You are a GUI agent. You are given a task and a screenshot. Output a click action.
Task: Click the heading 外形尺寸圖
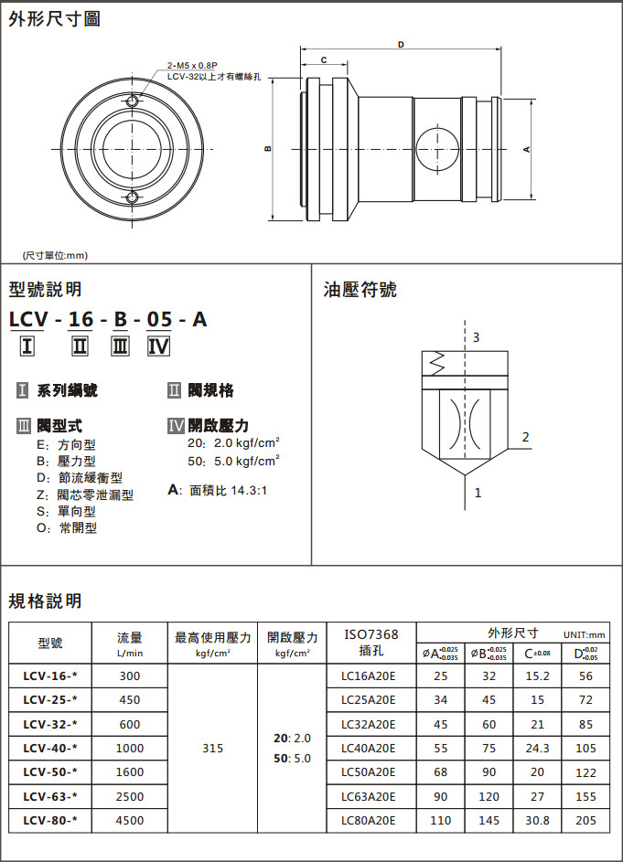click(55, 18)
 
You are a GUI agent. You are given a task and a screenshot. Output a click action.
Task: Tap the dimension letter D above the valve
click(402, 44)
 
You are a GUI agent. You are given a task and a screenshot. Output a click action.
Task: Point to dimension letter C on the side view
click(324, 60)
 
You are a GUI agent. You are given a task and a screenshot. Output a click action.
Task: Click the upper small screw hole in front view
click(134, 101)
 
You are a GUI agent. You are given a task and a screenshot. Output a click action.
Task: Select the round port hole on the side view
click(435, 148)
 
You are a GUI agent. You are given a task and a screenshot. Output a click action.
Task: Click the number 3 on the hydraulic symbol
click(476, 337)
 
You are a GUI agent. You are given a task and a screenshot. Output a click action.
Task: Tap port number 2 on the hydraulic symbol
click(525, 437)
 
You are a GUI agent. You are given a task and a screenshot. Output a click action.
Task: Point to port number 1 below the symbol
click(478, 493)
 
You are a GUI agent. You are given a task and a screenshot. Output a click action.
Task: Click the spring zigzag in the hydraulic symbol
click(435, 363)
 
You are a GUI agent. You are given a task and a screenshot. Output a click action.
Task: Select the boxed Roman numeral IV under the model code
click(158, 346)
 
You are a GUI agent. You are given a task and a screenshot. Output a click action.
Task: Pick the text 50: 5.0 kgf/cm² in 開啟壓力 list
click(233, 461)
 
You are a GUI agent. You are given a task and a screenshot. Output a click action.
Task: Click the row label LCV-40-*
click(49, 748)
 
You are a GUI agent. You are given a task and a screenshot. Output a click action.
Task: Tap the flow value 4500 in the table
click(130, 820)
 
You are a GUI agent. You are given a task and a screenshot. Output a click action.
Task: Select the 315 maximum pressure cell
click(212, 748)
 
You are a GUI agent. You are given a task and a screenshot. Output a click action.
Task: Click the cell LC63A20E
click(368, 796)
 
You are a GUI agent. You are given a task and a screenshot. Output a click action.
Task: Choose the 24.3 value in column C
click(537, 748)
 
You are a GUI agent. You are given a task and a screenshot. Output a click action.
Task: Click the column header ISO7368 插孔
click(371, 642)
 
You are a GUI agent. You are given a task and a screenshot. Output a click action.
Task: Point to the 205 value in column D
click(585, 820)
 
